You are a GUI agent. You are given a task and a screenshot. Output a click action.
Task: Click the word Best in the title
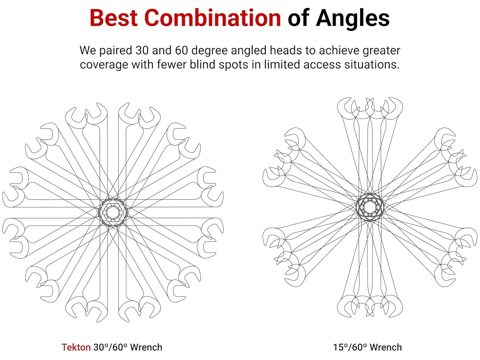[113, 18]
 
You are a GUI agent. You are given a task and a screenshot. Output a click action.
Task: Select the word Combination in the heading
[212, 18]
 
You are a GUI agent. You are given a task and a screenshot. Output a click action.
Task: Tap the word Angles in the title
[352, 19]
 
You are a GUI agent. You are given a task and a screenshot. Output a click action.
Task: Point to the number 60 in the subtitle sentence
[181, 50]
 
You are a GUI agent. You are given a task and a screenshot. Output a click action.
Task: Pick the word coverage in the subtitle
[104, 65]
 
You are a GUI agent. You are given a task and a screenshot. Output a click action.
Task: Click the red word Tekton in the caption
[76, 347]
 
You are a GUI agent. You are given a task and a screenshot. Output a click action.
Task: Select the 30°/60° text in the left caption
[110, 347]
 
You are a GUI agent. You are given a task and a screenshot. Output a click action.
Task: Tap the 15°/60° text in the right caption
[350, 347]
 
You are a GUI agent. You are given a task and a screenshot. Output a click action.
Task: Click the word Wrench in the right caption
[386, 347]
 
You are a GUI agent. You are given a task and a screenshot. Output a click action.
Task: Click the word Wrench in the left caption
[146, 347]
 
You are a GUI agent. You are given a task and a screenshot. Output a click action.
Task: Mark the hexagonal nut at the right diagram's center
[370, 207]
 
